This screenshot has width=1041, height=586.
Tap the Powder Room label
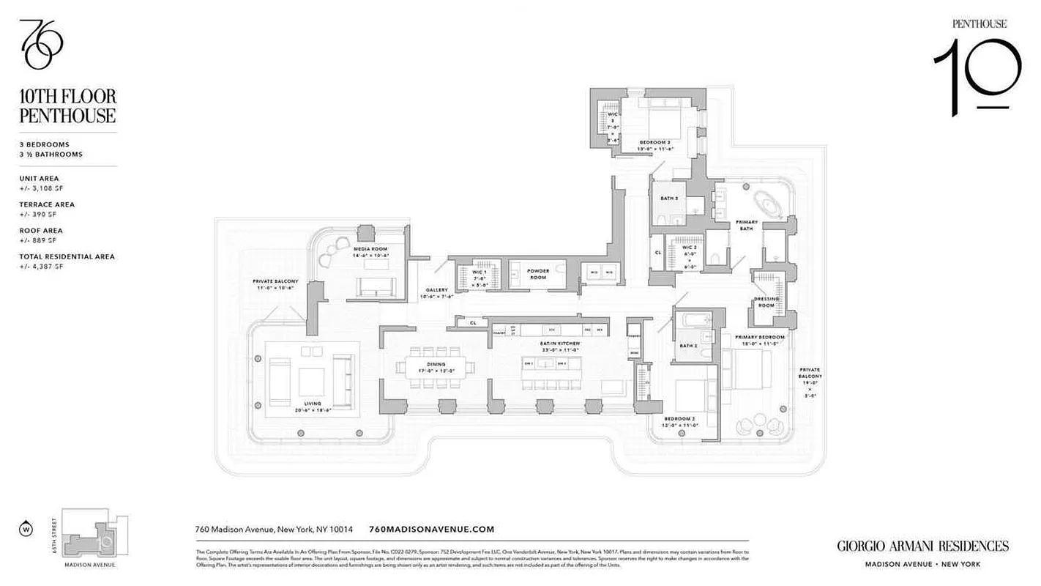538,273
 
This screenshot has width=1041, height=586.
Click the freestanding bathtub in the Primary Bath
768,200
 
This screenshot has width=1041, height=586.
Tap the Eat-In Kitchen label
561,346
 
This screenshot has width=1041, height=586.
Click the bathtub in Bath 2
692,320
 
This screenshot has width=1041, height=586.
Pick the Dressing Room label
766,302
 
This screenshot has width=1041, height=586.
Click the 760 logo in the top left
41,44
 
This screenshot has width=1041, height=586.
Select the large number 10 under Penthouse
978,77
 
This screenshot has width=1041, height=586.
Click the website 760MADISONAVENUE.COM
432,530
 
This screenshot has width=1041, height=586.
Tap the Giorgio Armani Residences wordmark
922,546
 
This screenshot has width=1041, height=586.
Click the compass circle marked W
27,528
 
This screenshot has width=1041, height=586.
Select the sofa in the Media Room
376,286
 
